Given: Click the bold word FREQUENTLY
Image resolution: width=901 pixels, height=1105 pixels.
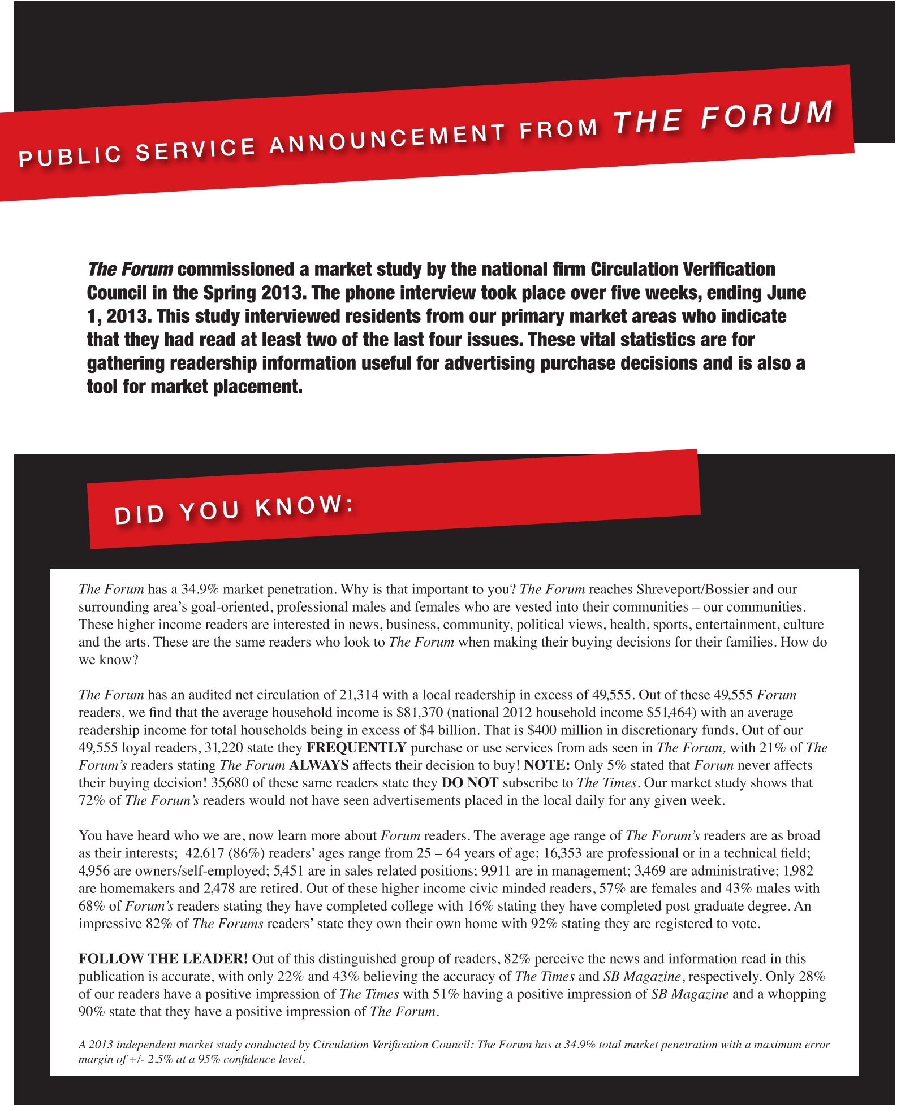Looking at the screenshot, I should point(356,748).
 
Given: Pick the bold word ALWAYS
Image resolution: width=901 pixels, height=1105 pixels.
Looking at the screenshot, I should point(318,765).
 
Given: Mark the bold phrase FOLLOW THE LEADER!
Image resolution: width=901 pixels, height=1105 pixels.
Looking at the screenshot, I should point(163,959).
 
